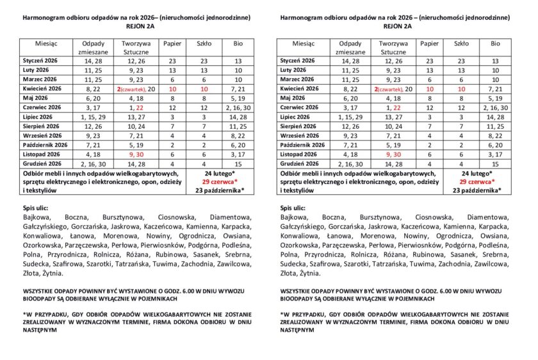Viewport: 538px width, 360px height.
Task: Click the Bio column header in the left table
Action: tap(238, 44)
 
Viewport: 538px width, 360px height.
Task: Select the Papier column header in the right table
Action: tap(430, 44)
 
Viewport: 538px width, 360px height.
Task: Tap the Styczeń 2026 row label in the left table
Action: tap(40, 61)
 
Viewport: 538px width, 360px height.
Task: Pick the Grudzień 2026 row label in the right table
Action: tap(300, 164)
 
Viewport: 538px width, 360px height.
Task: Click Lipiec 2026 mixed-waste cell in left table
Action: tap(94, 117)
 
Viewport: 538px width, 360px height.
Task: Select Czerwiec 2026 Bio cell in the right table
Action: tap(494, 108)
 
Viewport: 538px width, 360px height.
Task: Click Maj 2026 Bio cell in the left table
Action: tap(238, 99)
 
